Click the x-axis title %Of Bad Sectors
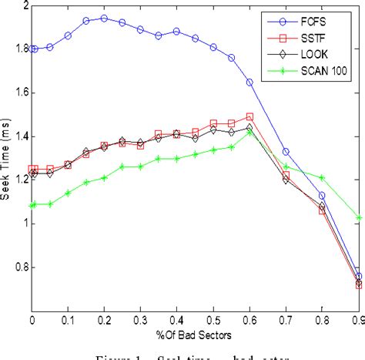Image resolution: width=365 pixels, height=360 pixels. (x=196, y=335)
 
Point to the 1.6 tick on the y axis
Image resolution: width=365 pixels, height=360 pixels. (x=18, y=93)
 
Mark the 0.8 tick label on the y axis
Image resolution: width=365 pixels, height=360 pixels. (x=18, y=267)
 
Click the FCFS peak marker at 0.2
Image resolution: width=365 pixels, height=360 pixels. (x=104, y=18)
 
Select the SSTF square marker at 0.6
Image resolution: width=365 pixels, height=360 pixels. (x=249, y=116)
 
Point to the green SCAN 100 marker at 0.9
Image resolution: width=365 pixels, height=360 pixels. (x=358, y=217)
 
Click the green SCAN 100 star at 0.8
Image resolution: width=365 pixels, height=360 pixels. (x=322, y=177)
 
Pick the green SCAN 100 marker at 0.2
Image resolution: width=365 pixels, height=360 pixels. (x=104, y=177)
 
